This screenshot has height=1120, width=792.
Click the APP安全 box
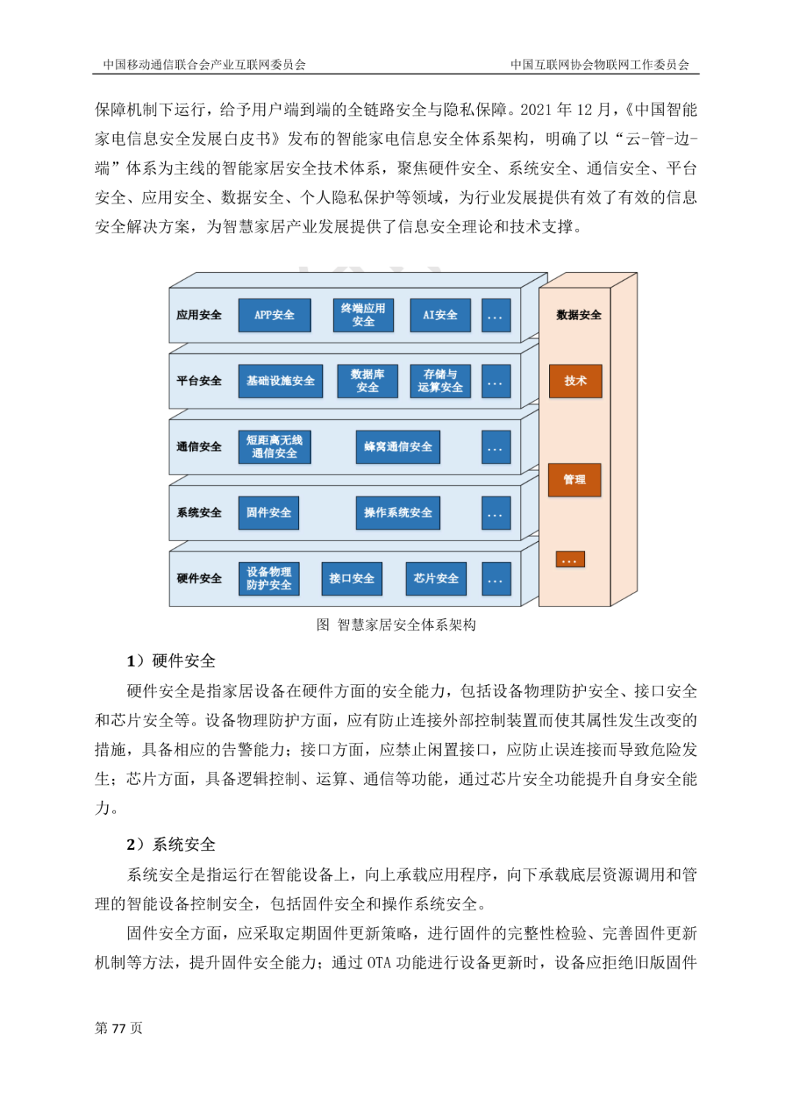(274, 315)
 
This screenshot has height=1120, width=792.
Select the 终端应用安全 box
(363, 315)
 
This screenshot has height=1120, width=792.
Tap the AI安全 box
(440, 315)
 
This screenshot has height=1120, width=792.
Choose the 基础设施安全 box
(280, 381)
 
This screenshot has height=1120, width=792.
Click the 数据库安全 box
(367, 381)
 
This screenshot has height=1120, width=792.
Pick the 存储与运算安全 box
(440, 381)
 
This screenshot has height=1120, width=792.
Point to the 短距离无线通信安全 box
(274, 447)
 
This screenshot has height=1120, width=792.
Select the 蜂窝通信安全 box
(397, 447)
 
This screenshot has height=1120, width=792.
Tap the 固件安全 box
(268, 513)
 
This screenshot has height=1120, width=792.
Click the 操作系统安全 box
(397, 513)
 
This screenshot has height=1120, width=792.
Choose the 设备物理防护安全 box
(268, 579)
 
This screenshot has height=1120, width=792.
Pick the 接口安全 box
(351, 579)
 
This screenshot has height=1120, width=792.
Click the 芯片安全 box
(436, 579)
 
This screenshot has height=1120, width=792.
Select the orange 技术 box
(576, 381)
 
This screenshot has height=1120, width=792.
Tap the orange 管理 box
(574, 480)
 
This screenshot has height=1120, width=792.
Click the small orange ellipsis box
(570, 560)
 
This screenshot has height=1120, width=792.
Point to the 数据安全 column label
(579, 315)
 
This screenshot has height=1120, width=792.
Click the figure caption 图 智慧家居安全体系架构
(396, 625)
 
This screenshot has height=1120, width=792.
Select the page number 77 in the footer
(119, 1028)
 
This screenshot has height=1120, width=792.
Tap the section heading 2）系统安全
(171, 845)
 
